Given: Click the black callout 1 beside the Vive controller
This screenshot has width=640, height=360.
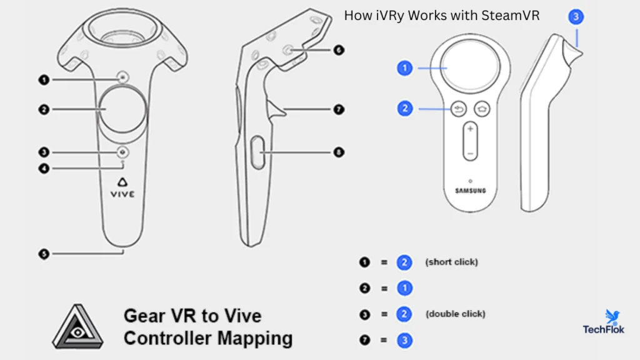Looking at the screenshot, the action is (44, 79).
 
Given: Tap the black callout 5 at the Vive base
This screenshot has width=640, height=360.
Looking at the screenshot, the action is (44, 254).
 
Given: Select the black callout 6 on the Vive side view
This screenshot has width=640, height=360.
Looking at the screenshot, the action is (339, 50).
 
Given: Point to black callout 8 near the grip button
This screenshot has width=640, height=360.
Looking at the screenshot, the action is (339, 152).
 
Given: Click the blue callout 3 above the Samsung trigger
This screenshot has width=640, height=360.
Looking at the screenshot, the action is (576, 17).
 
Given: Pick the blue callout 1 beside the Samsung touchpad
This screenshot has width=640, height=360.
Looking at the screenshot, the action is (404, 68).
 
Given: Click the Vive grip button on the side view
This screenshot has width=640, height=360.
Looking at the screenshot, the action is (257, 152).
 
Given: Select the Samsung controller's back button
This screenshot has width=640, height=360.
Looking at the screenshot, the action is (459, 109).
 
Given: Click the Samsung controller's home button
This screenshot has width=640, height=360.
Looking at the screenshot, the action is (482, 109).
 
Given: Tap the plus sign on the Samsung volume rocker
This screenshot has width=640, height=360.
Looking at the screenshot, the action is (470, 129).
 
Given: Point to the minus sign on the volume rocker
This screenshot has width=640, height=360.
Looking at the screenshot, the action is (470, 154).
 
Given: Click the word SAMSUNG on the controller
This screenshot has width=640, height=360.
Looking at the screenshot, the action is (471, 191).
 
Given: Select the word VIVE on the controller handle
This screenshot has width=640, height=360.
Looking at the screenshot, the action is (122, 194).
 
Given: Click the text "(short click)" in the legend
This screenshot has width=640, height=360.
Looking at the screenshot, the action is (451, 262).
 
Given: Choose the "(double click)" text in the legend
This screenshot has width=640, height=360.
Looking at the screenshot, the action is (456, 314).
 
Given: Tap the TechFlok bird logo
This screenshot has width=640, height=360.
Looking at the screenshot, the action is (612, 316).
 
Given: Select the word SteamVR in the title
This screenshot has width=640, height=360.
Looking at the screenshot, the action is (510, 16).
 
